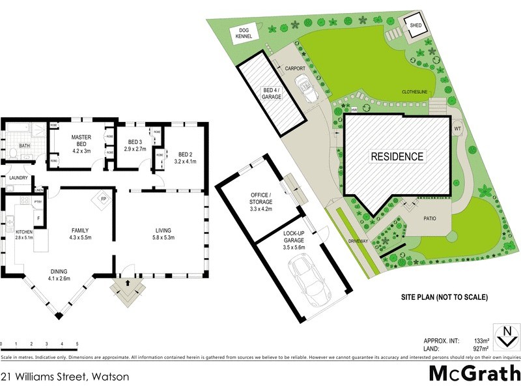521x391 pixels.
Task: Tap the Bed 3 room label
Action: (135, 142)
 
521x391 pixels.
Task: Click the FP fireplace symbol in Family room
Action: (102, 198)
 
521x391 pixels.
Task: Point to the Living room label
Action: (163, 230)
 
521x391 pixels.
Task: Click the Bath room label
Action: (24, 146)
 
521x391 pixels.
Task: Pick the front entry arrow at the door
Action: (125, 284)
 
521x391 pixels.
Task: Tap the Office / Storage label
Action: (261, 198)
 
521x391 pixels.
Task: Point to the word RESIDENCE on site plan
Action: (397, 156)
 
